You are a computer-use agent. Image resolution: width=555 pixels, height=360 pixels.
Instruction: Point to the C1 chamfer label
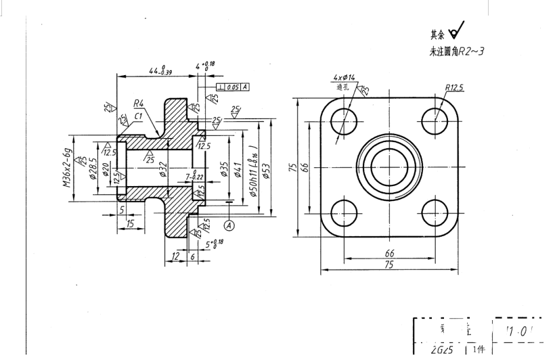[138, 116]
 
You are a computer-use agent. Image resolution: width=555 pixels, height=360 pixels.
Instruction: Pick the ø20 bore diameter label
[106, 168]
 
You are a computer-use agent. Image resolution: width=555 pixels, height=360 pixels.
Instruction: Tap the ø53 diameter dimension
[265, 169]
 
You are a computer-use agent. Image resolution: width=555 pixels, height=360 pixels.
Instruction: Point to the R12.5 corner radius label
[459, 87]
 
